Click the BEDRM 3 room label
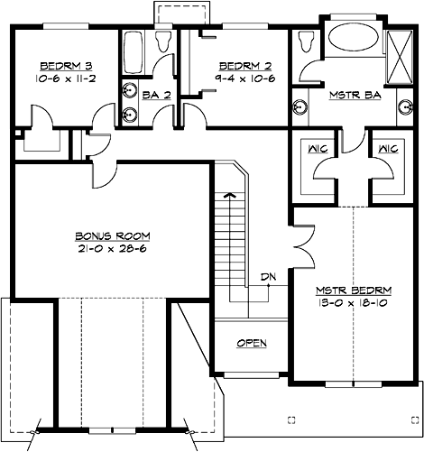point(62,66)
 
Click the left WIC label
point(317,148)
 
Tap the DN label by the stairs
point(267,276)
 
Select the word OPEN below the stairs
point(252,344)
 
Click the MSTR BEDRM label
point(353,290)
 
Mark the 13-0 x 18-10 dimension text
point(353,303)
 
